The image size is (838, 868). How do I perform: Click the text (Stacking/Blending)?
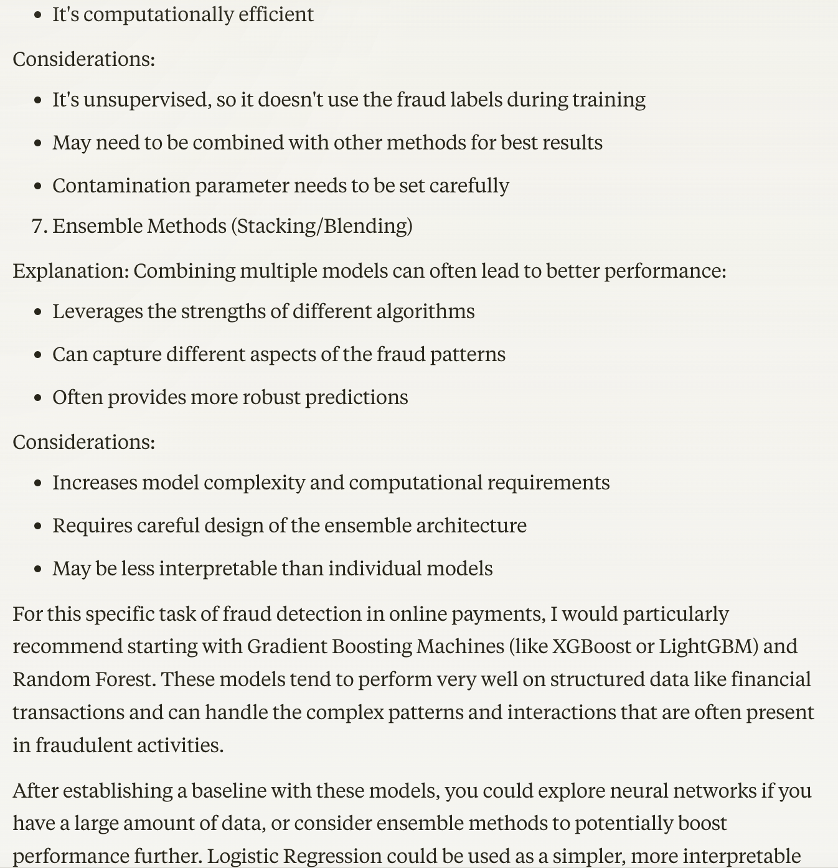(x=321, y=226)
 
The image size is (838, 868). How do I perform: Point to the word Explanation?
(x=70, y=271)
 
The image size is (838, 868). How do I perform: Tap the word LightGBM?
(x=708, y=646)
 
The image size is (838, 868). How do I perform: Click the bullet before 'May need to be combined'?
(x=39, y=143)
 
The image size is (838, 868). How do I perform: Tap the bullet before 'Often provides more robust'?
(x=39, y=398)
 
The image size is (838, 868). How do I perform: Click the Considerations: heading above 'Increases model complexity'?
(x=83, y=442)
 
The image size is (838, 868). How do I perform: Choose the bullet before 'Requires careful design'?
(x=39, y=526)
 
